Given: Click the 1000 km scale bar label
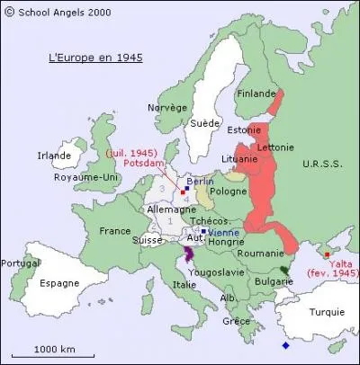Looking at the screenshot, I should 55,349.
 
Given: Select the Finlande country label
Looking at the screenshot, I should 256,93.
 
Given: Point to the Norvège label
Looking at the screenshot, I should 167,108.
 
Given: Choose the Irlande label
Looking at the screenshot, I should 54,156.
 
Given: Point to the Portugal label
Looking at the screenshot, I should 21,263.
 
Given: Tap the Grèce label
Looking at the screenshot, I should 237,321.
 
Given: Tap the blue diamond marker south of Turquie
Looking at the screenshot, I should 285,345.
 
